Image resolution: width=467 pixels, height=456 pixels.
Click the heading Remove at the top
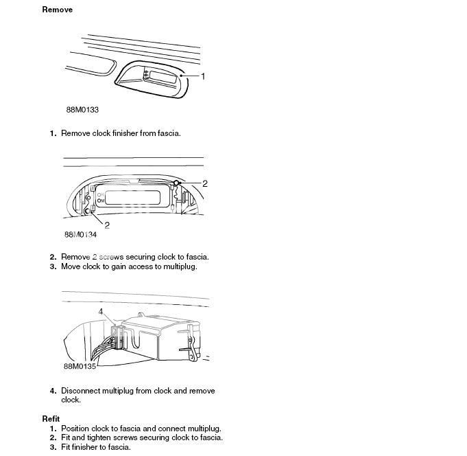pos(57,10)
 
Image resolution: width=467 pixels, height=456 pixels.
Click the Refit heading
pos(51,418)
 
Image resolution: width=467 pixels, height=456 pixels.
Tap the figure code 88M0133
pos(82,110)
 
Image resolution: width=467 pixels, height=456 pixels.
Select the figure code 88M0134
pos(80,234)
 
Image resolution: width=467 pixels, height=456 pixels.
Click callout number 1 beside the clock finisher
pos(203,76)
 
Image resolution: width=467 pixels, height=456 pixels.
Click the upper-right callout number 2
pos(204,183)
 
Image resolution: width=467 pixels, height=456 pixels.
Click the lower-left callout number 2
pos(107,225)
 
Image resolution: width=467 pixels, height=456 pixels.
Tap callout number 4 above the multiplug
pos(101,311)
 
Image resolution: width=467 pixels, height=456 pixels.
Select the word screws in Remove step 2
pos(114,257)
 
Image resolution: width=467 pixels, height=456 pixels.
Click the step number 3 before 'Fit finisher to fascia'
pos(52,447)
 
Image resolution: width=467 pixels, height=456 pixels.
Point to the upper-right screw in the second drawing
pos(177,183)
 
